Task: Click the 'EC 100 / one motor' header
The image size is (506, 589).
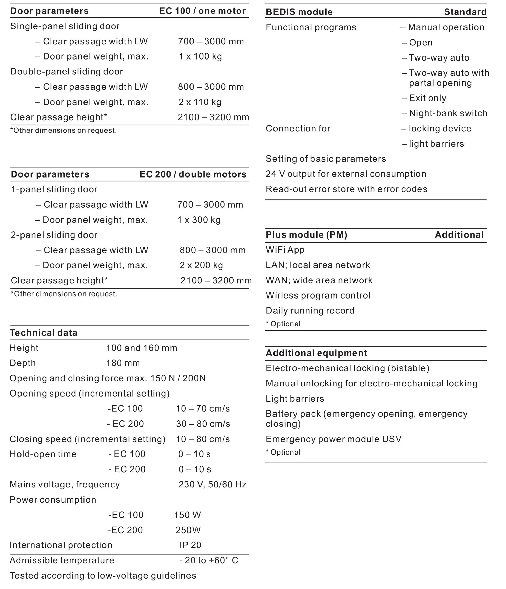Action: click(202, 11)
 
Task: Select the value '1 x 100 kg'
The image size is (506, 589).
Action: click(200, 56)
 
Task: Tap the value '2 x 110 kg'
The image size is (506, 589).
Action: click(200, 102)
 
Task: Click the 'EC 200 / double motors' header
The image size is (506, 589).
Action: click(193, 174)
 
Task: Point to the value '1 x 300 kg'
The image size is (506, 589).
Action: click(199, 220)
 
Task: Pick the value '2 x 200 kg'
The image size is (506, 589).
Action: click(201, 265)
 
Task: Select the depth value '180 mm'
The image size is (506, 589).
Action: click(123, 363)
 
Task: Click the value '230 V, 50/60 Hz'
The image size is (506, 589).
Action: click(213, 484)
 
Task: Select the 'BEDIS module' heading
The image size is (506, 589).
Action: click(299, 12)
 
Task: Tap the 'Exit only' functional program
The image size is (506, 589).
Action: click(427, 98)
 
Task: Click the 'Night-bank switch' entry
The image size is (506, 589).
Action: click(448, 113)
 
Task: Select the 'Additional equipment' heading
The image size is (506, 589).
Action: click(316, 353)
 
